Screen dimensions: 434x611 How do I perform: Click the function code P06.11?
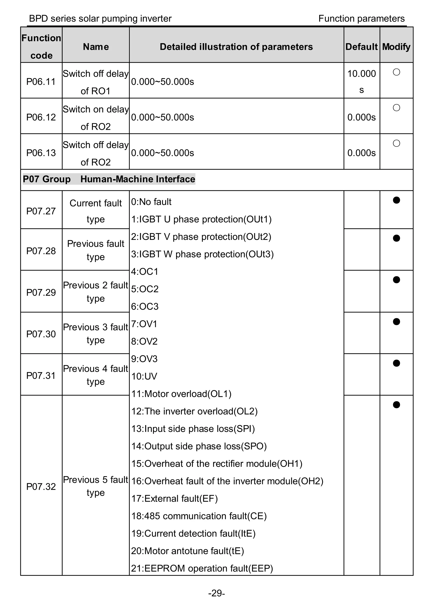[x=41, y=82]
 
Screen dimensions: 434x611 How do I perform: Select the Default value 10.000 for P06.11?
[x=361, y=74]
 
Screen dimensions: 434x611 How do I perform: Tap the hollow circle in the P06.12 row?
[x=396, y=108]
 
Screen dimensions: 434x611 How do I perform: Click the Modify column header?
[x=396, y=47]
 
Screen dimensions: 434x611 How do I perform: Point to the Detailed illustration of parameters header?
[x=236, y=47]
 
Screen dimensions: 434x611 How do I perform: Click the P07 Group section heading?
[x=109, y=179]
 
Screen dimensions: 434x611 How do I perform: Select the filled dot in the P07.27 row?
[x=396, y=200]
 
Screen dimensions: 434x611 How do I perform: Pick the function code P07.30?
[x=41, y=334]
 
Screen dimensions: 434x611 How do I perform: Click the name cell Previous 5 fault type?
[x=95, y=486]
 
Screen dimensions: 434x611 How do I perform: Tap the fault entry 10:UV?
[x=144, y=376]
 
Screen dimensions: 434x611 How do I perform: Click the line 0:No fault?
[x=151, y=202]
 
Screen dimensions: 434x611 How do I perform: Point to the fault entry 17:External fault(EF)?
[x=174, y=499]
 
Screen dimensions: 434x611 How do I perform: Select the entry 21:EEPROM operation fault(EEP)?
[x=202, y=569]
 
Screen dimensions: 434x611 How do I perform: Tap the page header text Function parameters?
[x=361, y=19]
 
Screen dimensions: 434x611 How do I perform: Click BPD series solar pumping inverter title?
[x=100, y=19]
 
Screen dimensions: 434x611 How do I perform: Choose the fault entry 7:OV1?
[x=144, y=324]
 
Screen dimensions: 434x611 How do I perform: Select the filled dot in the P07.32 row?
[x=396, y=405]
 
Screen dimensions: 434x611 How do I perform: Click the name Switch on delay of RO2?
[x=95, y=118]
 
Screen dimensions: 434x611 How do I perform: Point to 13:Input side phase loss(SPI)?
[x=193, y=429]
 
